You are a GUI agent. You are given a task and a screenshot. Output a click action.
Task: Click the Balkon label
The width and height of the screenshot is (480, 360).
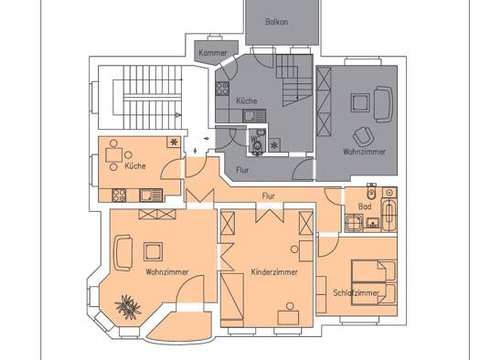(x=276, y=22)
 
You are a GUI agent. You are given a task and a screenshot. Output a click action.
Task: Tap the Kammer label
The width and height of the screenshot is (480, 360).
(x=213, y=53)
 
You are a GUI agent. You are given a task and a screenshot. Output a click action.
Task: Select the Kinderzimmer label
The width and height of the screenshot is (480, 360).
(x=274, y=272)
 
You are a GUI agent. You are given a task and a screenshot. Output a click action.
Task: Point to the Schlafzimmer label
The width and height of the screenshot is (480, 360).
(x=356, y=292)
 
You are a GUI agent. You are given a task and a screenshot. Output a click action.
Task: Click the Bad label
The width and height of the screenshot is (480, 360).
(x=365, y=206)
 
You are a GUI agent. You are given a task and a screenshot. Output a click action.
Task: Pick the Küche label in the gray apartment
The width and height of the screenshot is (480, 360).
(x=247, y=101)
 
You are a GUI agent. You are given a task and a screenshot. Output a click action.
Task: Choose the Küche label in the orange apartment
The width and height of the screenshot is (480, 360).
(x=135, y=165)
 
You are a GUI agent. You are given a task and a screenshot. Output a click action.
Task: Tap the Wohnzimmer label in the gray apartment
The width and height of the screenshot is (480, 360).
(x=364, y=152)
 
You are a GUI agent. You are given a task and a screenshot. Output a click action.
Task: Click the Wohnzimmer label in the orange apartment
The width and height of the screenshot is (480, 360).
(x=167, y=272)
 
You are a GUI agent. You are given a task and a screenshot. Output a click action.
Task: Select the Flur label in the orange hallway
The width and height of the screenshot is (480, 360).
(x=269, y=196)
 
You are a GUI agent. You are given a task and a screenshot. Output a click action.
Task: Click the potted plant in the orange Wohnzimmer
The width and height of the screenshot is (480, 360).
(x=128, y=307)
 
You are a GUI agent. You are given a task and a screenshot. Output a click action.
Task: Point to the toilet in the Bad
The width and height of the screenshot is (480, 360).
(x=371, y=192)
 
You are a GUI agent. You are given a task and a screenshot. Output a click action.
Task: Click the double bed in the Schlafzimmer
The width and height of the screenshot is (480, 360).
(x=374, y=282)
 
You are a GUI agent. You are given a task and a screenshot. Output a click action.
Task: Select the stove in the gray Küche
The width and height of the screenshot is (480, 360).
(x=222, y=89)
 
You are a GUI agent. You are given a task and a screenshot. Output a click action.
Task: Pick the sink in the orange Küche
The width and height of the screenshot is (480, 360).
(x=151, y=196)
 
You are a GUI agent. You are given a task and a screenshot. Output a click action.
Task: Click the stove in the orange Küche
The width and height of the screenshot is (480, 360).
(x=119, y=196)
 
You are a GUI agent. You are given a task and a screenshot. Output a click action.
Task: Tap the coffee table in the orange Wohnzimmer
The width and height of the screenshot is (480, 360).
(x=153, y=251)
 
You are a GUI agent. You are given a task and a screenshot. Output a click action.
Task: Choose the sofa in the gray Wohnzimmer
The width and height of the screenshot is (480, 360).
(x=384, y=104)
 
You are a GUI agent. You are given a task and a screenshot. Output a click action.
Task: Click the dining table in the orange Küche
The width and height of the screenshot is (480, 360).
(x=114, y=154)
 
